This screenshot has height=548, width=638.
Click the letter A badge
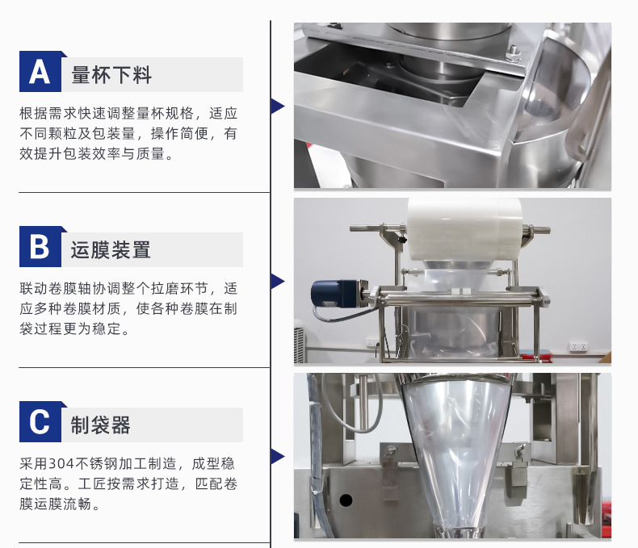(x=40, y=72)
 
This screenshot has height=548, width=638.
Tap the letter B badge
(x=40, y=247)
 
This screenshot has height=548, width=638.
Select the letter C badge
(x=40, y=422)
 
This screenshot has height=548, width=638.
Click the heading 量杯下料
(x=111, y=75)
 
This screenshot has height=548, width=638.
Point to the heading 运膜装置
(x=111, y=249)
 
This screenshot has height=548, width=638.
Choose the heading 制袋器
(x=100, y=425)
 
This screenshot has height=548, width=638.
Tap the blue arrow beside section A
(x=278, y=106)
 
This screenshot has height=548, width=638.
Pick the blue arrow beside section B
(x=278, y=282)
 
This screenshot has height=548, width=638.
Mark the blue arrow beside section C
(x=278, y=456)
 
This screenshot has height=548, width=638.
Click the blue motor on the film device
(x=334, y=293)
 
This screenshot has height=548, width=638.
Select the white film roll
(x=464, y=229)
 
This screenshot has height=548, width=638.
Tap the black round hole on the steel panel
(x=346, y=500)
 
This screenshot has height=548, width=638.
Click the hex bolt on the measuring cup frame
(x=514, y=53)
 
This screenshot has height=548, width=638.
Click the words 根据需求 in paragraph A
(x=48, y=113)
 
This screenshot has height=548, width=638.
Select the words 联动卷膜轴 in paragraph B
(x=56, y=288)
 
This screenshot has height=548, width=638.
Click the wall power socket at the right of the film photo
(x=578, y=347)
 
